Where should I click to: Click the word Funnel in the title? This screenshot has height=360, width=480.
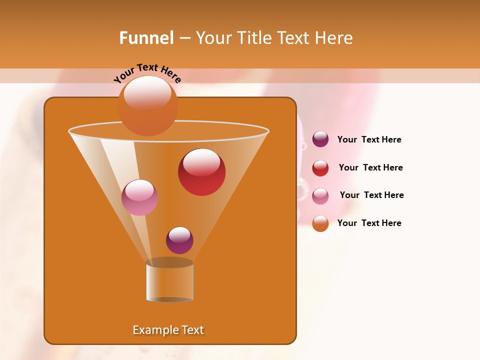pyautogui.click(x=146, y=38)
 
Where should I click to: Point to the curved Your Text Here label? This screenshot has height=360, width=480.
pyautogui.click(x=147, y=73)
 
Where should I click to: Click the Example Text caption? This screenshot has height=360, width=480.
pyautogui.click(x=168, y=330)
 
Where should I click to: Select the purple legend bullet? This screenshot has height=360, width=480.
pyautogui.click(x=320, y=139)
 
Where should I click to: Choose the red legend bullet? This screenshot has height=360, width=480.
pyautogui.click(x=320, y=167)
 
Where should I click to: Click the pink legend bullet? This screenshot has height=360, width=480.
pyautogui.click(x=320, y=195)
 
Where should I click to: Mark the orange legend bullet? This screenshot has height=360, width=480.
pyautogui.click(x=320, y=223)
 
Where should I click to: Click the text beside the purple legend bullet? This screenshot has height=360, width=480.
pyautogui.click(x=369, y=139)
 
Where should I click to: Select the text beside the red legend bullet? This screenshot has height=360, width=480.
pyautogui.click(x=370, y=167)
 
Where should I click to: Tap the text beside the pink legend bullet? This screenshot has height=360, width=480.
pyautogui.click(x=371, y=195)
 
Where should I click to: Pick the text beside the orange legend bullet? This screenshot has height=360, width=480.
pyautogui.click(x=369, y=223)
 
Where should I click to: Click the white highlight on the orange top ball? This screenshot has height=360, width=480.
pyautogui.click(x=147, y=93)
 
